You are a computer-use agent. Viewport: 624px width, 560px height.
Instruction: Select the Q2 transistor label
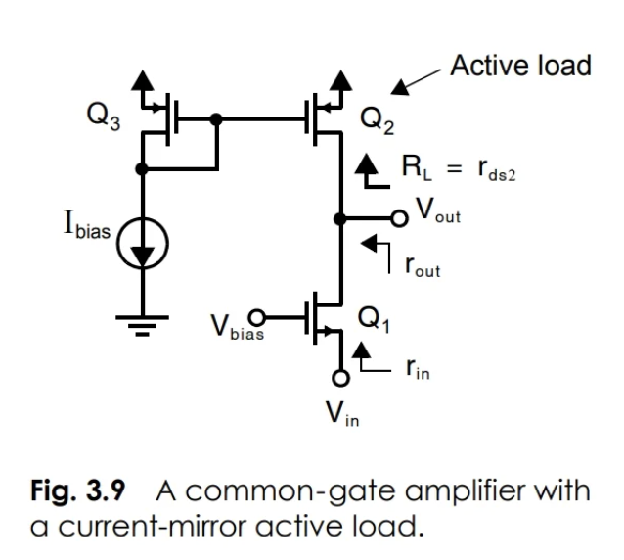376,119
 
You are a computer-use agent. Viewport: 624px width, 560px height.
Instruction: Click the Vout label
437,212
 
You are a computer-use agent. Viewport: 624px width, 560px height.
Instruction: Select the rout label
423,265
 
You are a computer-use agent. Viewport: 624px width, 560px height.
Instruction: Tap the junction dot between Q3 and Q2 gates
217,119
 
